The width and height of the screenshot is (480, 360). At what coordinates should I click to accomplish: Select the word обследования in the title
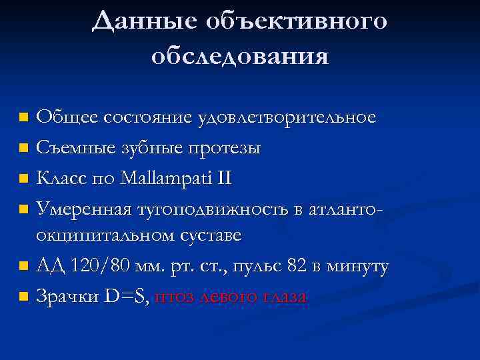(240, 56)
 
